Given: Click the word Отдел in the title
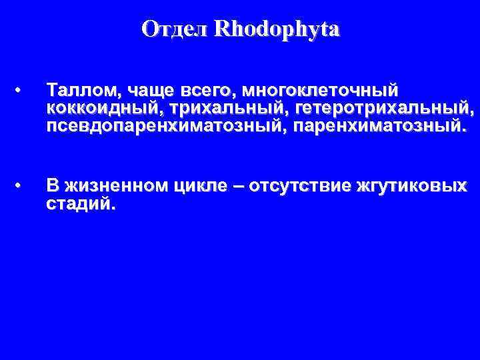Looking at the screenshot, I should click(175, 29).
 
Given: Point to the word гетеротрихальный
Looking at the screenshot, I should click(385, 108).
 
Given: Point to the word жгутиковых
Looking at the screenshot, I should click(411, 186).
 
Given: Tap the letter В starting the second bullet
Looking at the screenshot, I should click(51, 186).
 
